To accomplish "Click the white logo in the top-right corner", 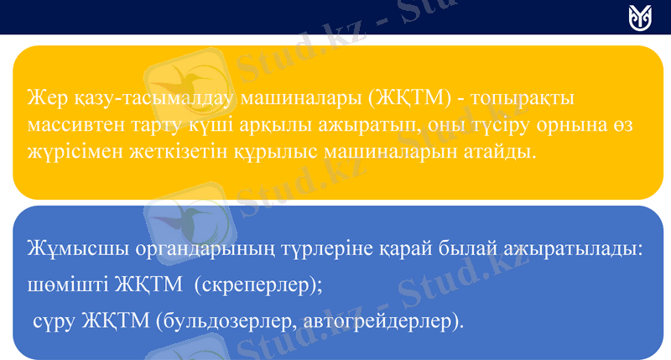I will point(640,17).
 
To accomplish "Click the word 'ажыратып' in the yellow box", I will point(382,127).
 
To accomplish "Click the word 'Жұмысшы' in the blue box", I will point(65,250).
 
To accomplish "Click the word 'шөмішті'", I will point(60,285).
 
